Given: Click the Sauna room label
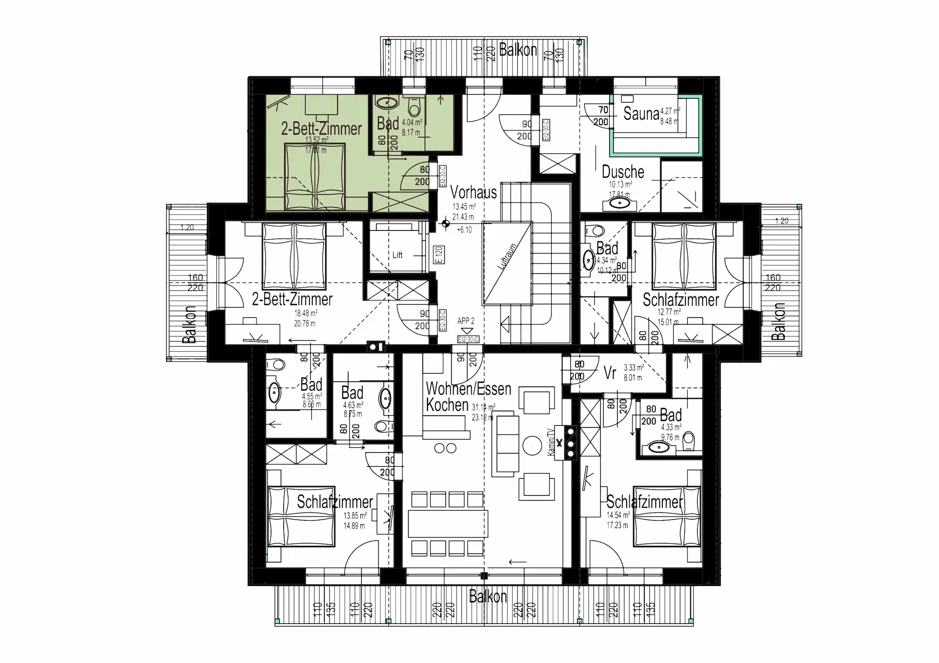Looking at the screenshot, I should [641, 114].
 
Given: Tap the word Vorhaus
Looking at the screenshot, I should [473, 192].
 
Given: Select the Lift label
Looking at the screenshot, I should [397, 255].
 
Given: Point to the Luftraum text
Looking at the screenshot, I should [507, 257].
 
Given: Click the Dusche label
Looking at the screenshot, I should [622, 172].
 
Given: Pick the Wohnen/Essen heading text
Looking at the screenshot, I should [468, 389].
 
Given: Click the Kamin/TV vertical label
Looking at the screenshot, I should [550, 442].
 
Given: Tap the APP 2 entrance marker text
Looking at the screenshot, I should [466, 321].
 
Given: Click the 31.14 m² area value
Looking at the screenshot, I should [483, 407].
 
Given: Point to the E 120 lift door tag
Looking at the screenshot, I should [439, 255].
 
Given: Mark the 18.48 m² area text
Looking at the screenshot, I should [306, 313].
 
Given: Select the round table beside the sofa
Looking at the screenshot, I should [532, 446].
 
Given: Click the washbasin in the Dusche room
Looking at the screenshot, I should [620, 203].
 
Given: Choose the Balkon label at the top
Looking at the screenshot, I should [517, 50].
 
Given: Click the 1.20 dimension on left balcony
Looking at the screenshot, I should [187, 227].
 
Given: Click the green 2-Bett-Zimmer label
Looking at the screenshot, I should [321, 129].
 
